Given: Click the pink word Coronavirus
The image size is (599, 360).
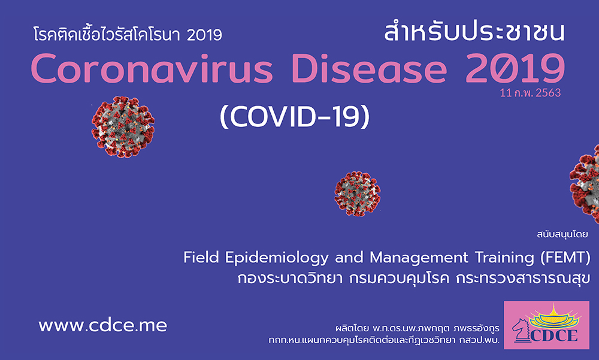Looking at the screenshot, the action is tap(152, 68).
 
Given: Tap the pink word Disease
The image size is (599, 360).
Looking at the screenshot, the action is tap(369, 68).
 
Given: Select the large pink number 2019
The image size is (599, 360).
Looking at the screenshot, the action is tap(515, 68).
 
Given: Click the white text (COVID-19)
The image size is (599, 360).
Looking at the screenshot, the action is tap(295, 116).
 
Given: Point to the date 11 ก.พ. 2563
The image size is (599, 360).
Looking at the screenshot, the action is tap(530, 93).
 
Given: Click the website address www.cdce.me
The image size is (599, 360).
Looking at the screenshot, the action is tap(102, 326).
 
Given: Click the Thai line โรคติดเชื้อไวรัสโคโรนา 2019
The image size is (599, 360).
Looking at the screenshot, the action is tap(128, 34).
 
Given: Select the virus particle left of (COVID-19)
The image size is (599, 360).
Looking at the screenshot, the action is tap(123, 127).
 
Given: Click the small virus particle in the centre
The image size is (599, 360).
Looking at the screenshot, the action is tap(357, 193).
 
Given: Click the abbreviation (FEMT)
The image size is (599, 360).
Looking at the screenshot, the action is tap(565, 258).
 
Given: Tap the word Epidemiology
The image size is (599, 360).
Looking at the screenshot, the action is tap(277, 258).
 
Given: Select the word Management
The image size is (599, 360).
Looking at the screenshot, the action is tap(419, 258).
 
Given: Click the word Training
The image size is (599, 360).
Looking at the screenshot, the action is tap(504, 258).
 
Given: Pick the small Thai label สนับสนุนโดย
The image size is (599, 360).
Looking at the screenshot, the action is tap(562, 234).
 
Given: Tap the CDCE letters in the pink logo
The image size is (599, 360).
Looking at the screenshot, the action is tap(554, 335).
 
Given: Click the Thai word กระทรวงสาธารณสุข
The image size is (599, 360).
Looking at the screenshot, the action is tap(523, 278).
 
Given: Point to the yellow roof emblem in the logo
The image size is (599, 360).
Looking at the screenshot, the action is tap(553, 317).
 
